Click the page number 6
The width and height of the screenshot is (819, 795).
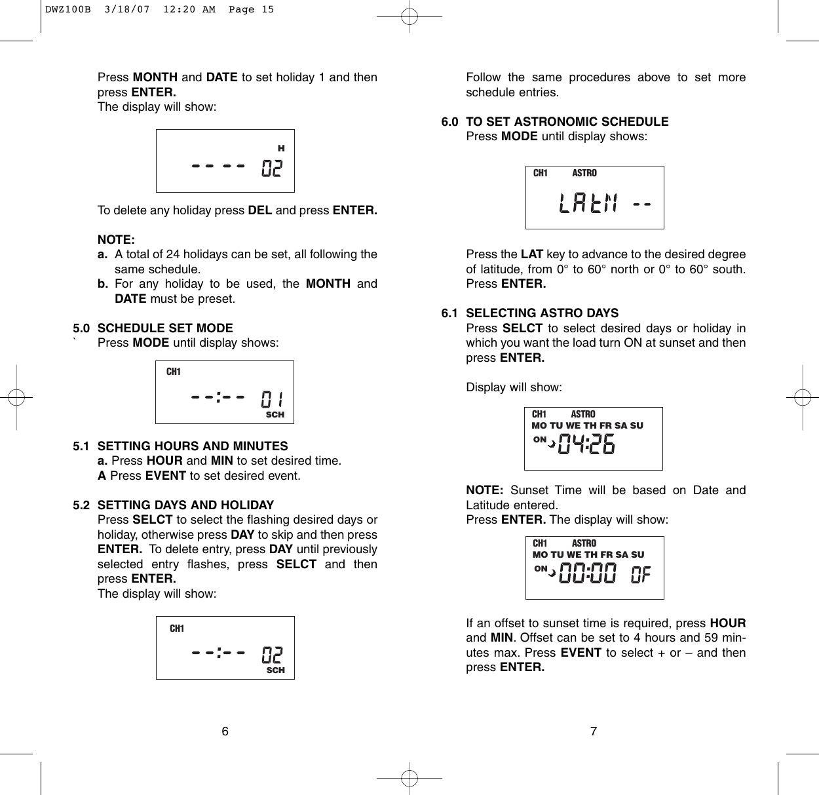[x=225, y=731]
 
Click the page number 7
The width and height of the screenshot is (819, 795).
[x=594, y=731]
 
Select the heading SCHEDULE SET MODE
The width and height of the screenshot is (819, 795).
[x=165, y=328]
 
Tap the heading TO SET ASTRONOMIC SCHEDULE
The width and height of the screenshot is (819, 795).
[x=567, y=121]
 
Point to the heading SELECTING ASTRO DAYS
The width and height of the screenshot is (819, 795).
[x=542, y=313]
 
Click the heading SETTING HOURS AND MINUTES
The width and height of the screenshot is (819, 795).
[x=193, y=446]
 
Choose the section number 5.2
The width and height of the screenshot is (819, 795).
[x=81, y=505]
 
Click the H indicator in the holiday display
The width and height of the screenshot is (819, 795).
[x=281, y=149]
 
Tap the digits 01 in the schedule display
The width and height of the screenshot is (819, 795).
[x=272, y=399]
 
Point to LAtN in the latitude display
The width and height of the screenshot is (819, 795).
[x=588, y=204]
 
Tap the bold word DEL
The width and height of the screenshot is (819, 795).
[x=259, y=210]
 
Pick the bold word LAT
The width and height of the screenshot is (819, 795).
[x=531, y=254]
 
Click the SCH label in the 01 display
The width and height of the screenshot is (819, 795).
[x=275, y=415]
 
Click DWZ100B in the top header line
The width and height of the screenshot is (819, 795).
[x=67, y=10]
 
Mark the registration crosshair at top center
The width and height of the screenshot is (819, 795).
[x=409, y=16]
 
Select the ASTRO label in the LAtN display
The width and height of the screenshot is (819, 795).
[x=584, y=173]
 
